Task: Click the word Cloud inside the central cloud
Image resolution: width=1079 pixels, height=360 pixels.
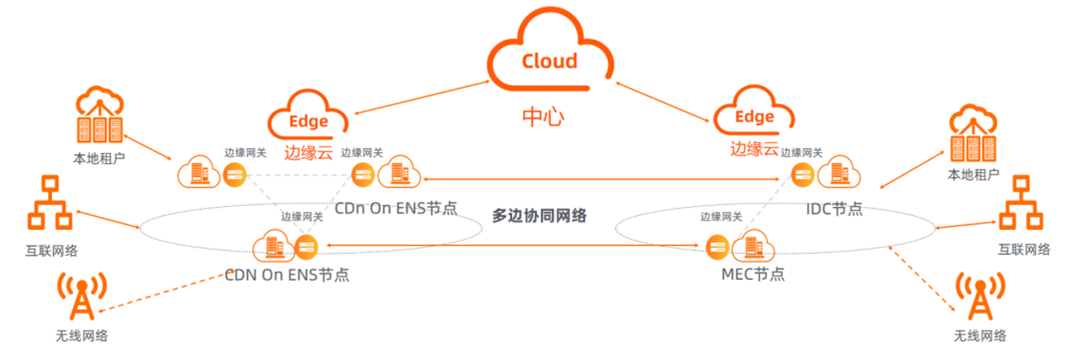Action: point(549,61)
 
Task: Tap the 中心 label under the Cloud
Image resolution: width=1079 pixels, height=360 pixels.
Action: point(543,117)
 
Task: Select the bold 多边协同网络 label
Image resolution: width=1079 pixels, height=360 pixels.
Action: point(539,216)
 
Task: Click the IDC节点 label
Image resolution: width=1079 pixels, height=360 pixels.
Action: point(834,209)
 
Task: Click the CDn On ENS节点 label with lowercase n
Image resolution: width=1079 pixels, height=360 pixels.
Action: point(396,208)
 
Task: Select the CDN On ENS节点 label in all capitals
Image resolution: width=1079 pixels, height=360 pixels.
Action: point(287,275)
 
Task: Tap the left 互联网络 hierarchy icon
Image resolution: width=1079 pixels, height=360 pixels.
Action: point(49,203)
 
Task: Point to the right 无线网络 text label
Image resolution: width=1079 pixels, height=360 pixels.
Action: point(980,336)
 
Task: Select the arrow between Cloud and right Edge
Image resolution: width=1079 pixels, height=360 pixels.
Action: point(662,98)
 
